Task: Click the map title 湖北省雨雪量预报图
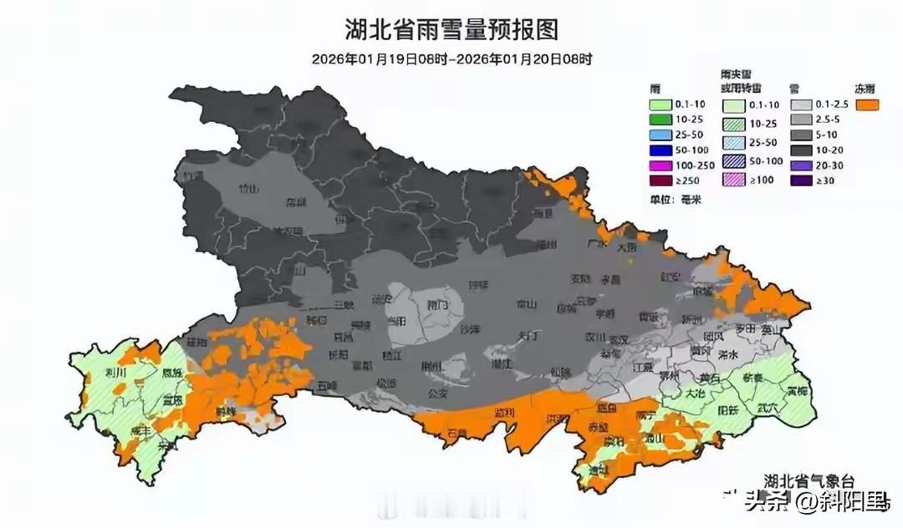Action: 451,31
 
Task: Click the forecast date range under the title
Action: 451,59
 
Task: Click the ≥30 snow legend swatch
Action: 801,180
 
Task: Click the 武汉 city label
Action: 618,340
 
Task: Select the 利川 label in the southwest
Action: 116,373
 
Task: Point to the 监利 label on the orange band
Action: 504,414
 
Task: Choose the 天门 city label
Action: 528,335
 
